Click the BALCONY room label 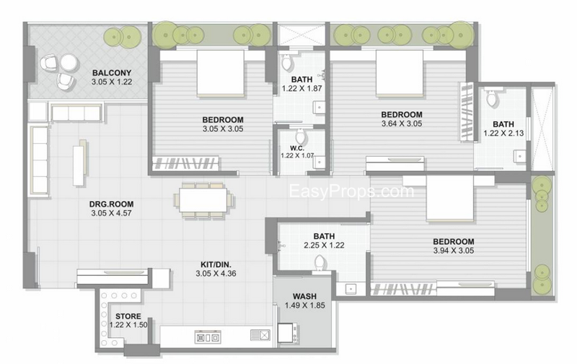coord(112,73)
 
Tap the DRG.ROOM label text coord(112,204)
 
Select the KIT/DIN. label coord(216,264)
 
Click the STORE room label coord(128,316)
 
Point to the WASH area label coord(304,296)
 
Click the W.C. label coord(297,148)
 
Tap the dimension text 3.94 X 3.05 coord(454,251)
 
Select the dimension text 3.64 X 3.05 coord(402,123)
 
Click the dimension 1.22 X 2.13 coord(503,133)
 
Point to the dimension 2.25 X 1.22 coord(324,245)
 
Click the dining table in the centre coord(203,200)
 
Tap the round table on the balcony coord(69,61)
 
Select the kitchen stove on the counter coord(208,337)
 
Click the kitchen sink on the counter coord(260,335)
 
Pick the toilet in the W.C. coord(301,136)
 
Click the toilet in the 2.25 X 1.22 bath coord(321,264)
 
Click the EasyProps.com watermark coord(351,191)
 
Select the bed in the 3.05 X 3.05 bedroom coord(221,73)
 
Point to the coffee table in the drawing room coord(79,165)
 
